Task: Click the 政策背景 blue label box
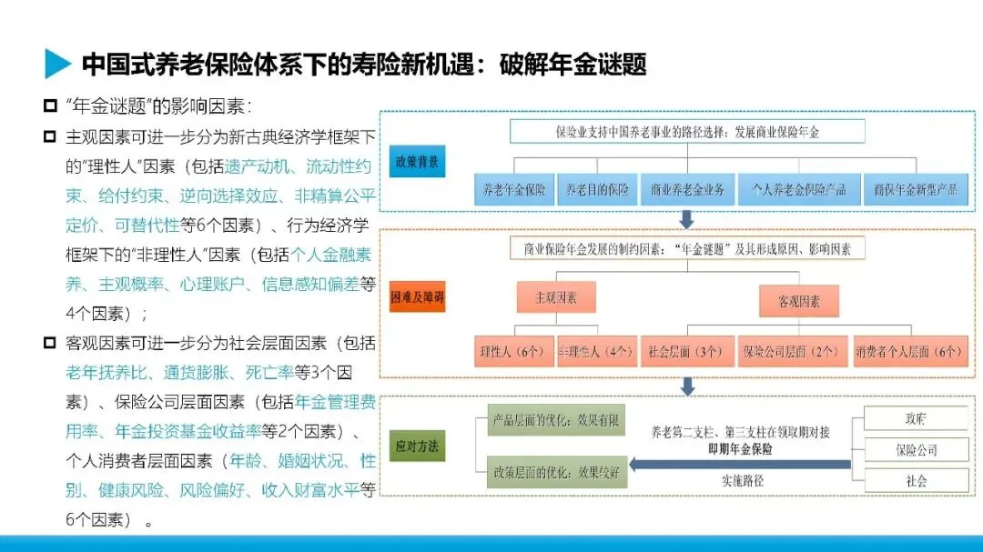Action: click(x=417, y=162)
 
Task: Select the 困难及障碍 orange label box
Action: click(x=417, y=298)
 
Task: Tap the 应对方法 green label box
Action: click(x=417, y=447)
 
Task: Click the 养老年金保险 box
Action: click(x=514, y=190)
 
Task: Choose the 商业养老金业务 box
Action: click(x=687, y=190)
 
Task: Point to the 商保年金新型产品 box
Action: click(x=915, y=190)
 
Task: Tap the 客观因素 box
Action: click(x=799, y=301)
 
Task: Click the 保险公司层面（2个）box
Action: click(x=789, y=351)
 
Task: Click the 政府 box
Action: click(x=916, y=418)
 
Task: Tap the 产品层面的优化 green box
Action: click(x=556, y=420)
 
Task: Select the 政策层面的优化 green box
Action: click(x=556, y=472)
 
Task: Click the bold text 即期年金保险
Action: click(x=740, y=448)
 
